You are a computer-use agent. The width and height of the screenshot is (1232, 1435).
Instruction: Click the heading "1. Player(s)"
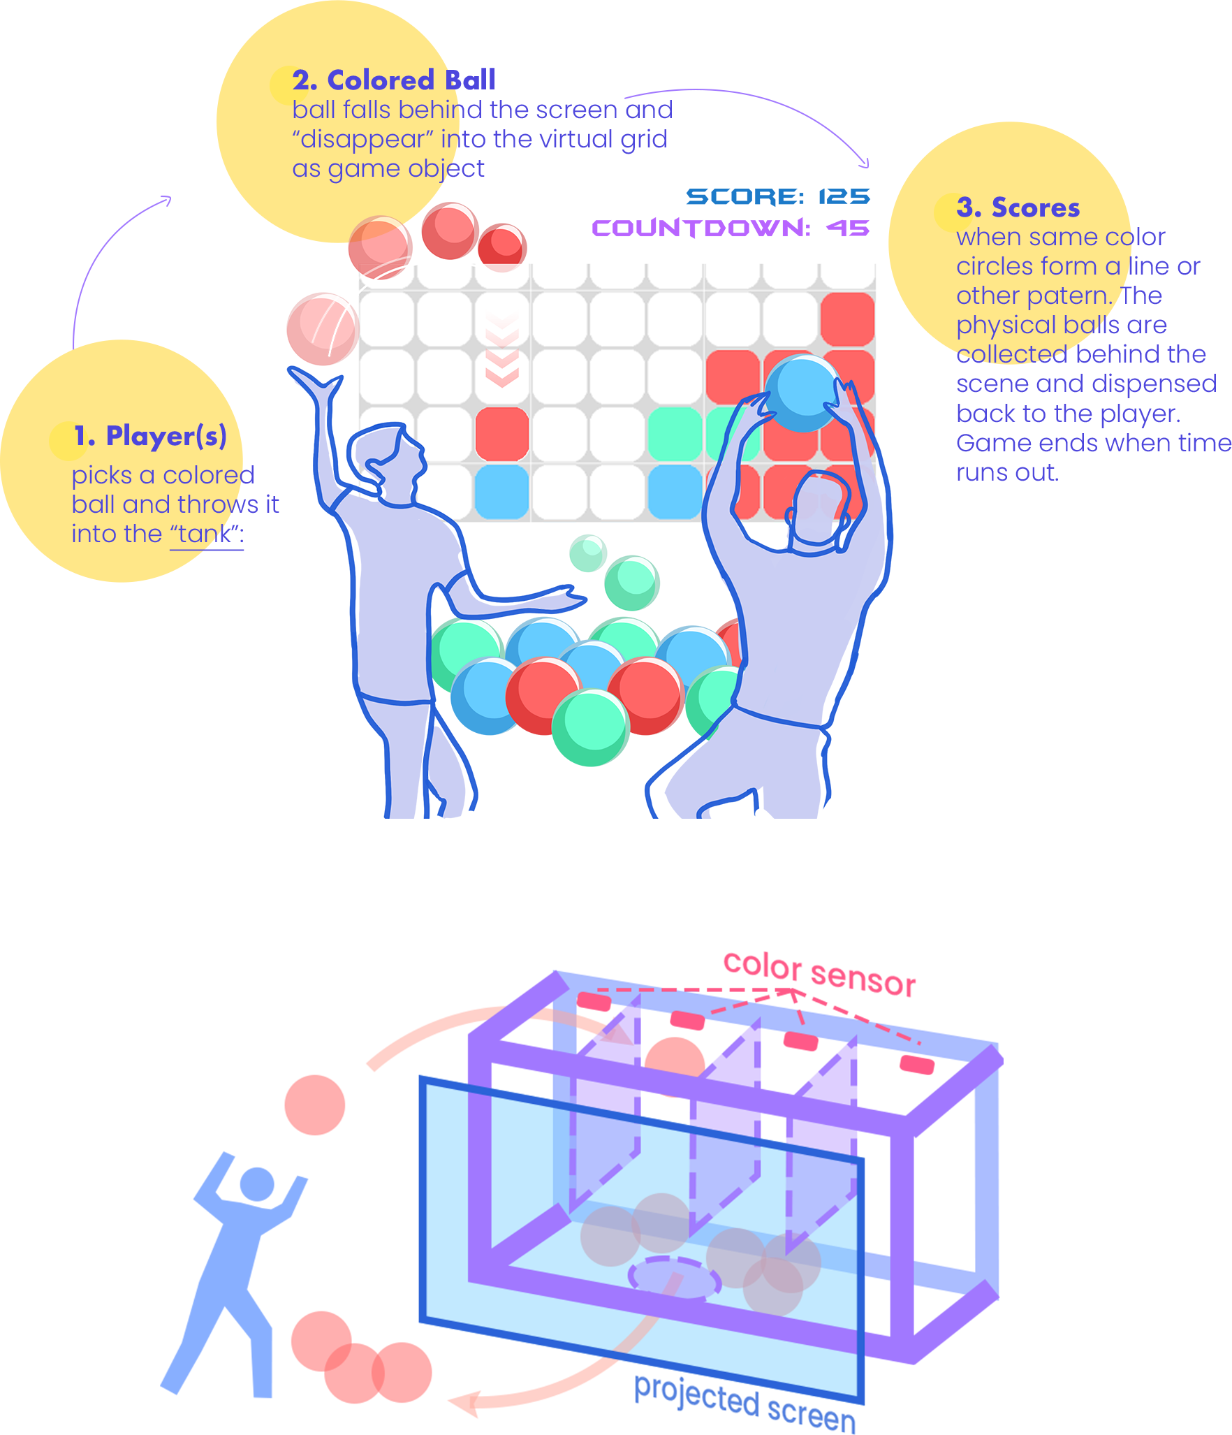[150, 436]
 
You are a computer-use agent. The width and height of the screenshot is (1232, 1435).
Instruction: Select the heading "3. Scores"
[1018, 207]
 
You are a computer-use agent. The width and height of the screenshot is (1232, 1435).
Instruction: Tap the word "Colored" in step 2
[381, 80]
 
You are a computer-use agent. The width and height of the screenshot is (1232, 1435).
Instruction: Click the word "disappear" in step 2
[362, 140]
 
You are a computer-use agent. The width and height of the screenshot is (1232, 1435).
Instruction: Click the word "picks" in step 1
[102, 475]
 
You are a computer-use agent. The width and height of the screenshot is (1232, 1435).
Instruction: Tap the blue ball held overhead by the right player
[801, 393]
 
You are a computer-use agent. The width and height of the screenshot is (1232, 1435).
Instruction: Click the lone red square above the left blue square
[502, 434]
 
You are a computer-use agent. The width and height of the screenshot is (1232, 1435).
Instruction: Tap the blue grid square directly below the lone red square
[502, 492]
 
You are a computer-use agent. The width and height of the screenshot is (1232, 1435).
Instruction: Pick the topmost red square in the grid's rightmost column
[848, 319]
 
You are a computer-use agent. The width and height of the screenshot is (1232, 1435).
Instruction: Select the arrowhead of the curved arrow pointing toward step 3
[865, 164]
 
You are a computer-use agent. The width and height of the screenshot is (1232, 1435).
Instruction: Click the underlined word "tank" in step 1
[203, 534]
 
